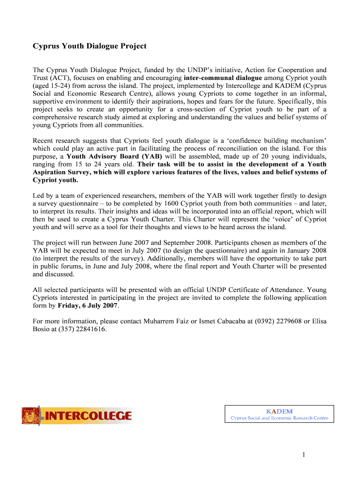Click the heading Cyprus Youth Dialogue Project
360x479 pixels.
point(89,46)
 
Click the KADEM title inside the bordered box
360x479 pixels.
point(279,411)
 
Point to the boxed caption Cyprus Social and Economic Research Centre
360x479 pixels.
point(279,418)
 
